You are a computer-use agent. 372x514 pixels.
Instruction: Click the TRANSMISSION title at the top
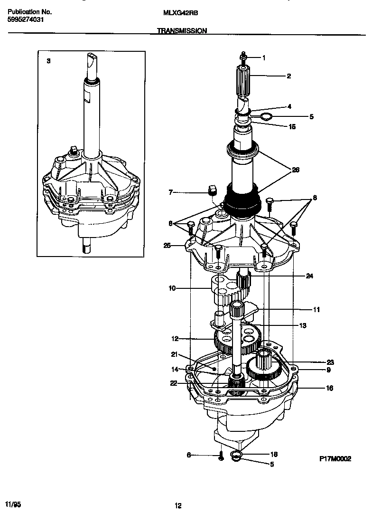click(x=182, y=30)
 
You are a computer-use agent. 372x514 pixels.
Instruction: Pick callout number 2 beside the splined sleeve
click(x=288, y=76)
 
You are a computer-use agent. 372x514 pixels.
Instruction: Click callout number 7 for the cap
click(x=170, y=193)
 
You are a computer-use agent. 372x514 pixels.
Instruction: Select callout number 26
click(x=296, y=170)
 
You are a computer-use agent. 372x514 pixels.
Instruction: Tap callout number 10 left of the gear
click(x=172, y=288)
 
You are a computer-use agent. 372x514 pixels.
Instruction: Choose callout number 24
click(x=309, y=276)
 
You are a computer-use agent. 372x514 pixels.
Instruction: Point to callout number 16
click(x=329, y=388)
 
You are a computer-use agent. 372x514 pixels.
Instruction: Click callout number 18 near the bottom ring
click(x=273, y=455)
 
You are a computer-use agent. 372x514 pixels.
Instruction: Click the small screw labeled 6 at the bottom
click(x=221, y=456)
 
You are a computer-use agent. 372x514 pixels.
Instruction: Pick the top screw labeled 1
click(x=243, y=57)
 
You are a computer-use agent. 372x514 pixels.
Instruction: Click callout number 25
click(x=167, y=246)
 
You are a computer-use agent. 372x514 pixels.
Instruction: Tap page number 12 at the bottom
click(x=178, y=506)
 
